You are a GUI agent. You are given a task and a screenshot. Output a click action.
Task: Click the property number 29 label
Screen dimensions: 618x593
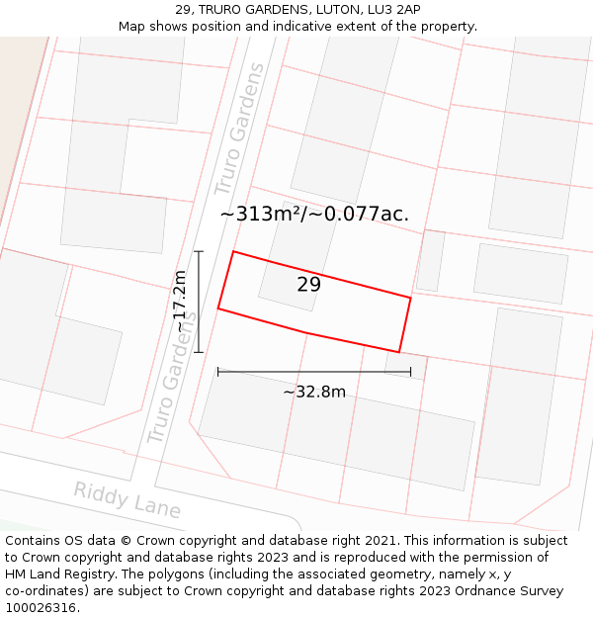(x=308, y=285)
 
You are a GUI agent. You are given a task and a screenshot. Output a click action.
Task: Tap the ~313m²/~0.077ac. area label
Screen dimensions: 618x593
(x=314, y=215)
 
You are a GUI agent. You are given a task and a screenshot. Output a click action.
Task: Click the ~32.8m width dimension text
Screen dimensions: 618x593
(x=314, y=392)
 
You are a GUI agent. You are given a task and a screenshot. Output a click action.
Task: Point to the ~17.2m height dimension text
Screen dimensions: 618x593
(x=180, y=302)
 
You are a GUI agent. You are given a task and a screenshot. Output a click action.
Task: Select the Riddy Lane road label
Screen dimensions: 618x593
(x=127, y=500)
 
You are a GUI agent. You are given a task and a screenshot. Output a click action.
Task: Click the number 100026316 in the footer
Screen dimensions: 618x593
(x=42, y=608)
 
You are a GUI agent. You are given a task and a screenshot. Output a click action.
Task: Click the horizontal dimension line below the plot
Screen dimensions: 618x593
(x=314, y=372)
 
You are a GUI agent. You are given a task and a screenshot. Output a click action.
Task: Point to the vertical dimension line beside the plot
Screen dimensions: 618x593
(x=199, y=302)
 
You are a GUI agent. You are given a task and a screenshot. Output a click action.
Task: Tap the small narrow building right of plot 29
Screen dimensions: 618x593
(x=430, y=261)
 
